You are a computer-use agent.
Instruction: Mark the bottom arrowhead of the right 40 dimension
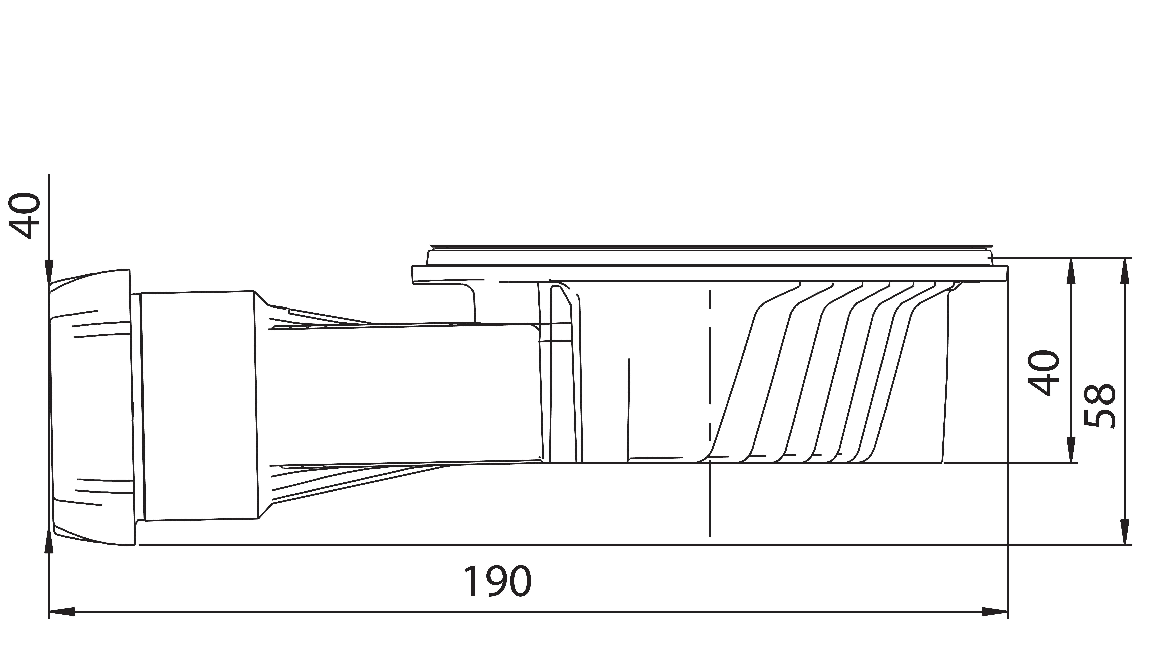point(1071,450)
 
